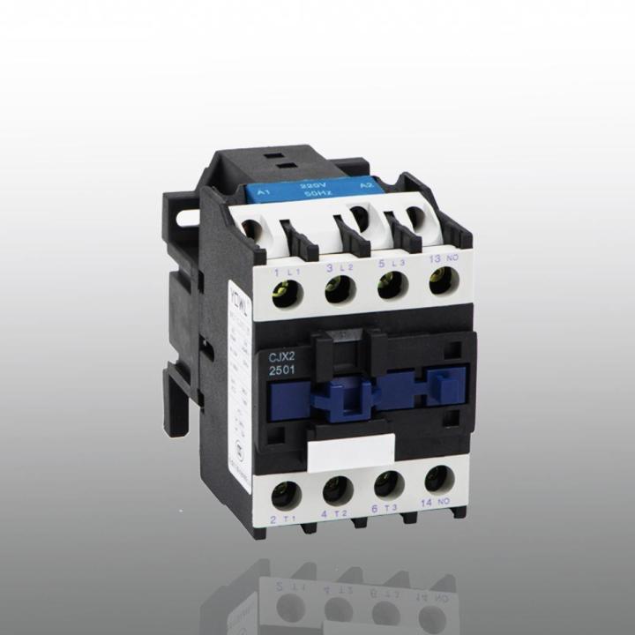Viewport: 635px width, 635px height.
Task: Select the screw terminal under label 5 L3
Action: click(389, 288)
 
